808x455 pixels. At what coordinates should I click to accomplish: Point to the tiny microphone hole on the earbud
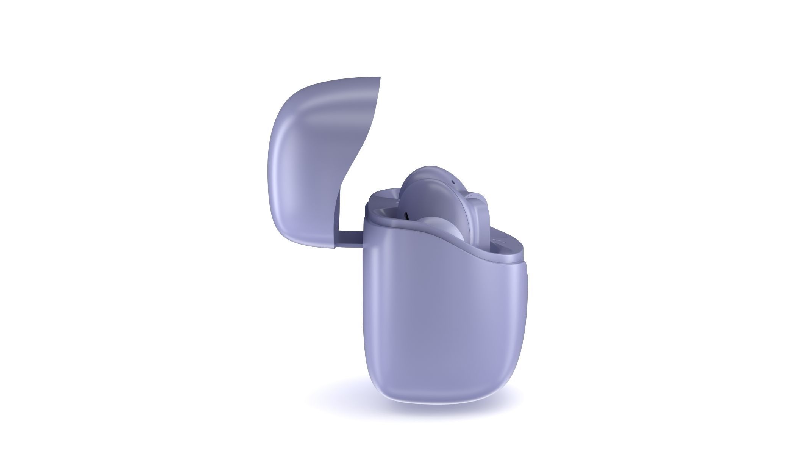453,182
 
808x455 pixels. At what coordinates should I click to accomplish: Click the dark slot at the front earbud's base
407,216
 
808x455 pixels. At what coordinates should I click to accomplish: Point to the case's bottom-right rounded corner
515,375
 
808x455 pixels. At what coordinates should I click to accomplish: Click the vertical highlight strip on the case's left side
373,303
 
